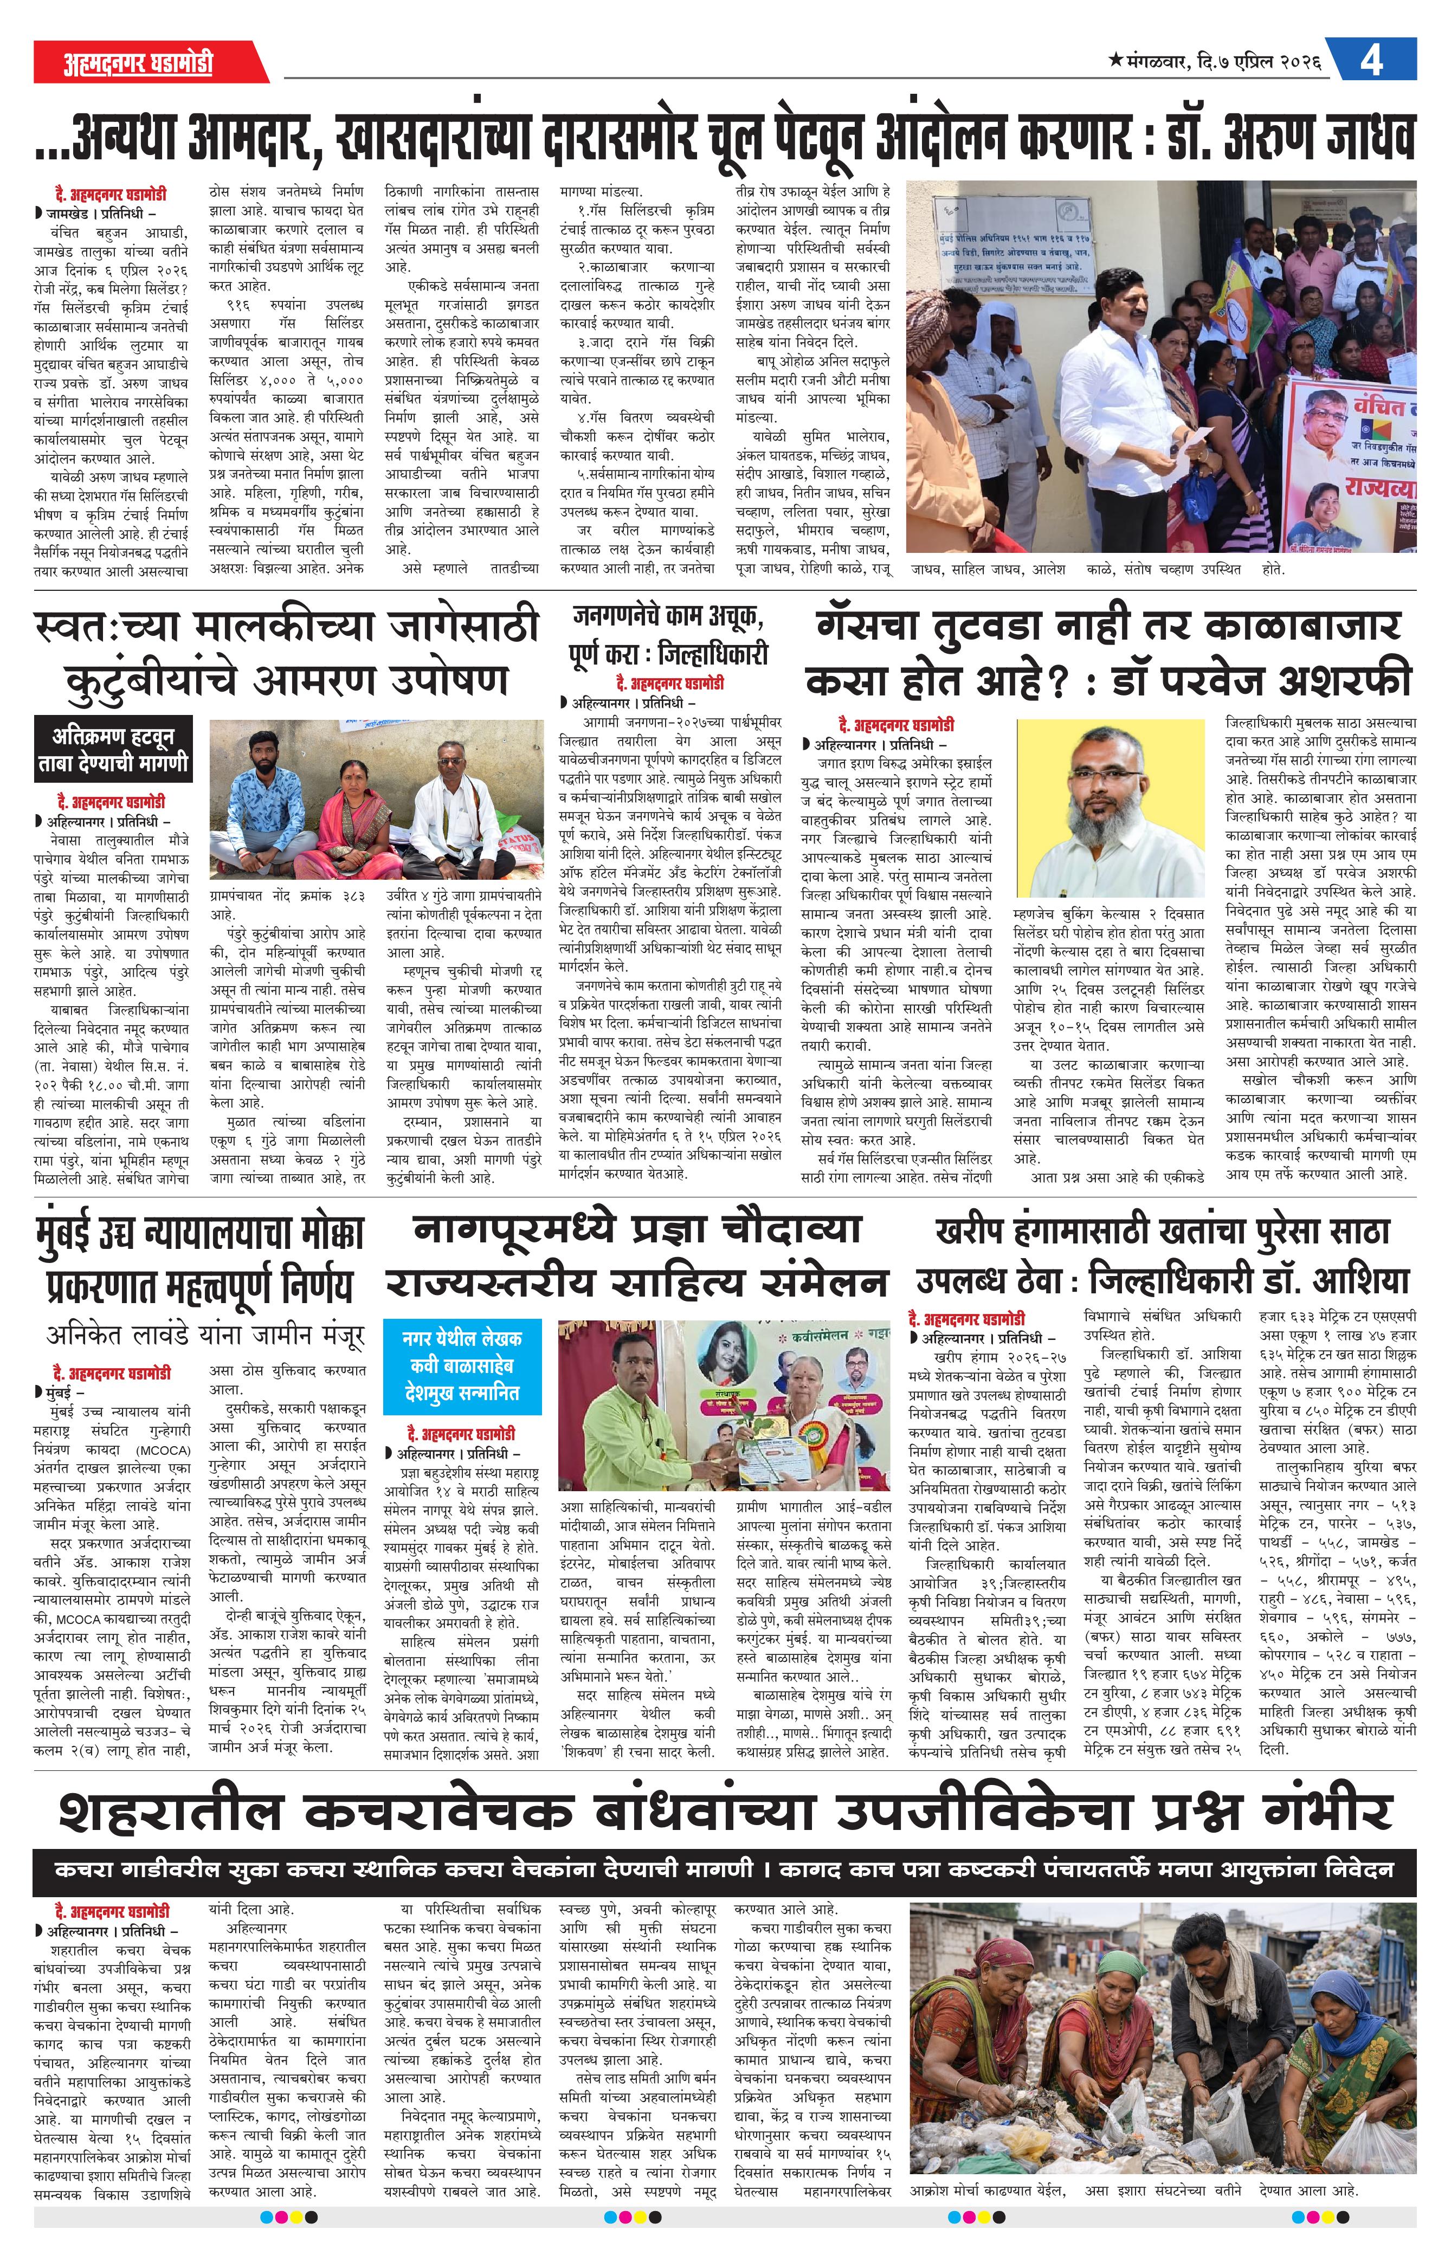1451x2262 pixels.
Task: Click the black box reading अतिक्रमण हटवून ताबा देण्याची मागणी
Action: (113, 749)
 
